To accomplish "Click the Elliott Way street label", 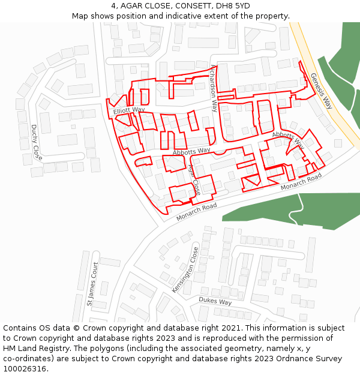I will [x=129, y=110].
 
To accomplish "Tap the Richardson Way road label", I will [x=214, y=88].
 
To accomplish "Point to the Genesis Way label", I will [x=321, y=90].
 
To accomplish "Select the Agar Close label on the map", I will [x=194, y=179].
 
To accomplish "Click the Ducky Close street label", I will [x=36, y=142].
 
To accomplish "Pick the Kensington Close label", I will [x=185, y=270].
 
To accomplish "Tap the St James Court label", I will [x=92, y=284].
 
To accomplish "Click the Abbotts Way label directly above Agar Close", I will [x=191, y=151].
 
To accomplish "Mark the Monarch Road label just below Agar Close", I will [x=196, y=212].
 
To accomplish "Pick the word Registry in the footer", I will [x=58, y=349].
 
